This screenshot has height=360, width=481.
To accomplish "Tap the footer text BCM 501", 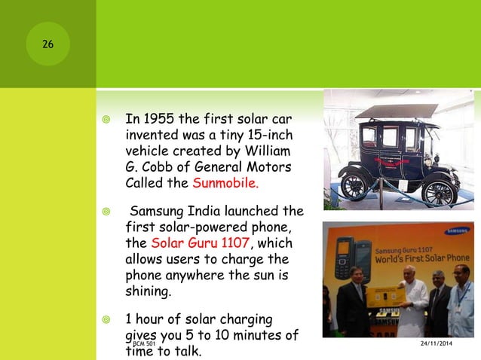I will pyautogui.click(x=144, y=343).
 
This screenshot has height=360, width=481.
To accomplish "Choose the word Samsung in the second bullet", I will pyautogui.click(x=159, y=211).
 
